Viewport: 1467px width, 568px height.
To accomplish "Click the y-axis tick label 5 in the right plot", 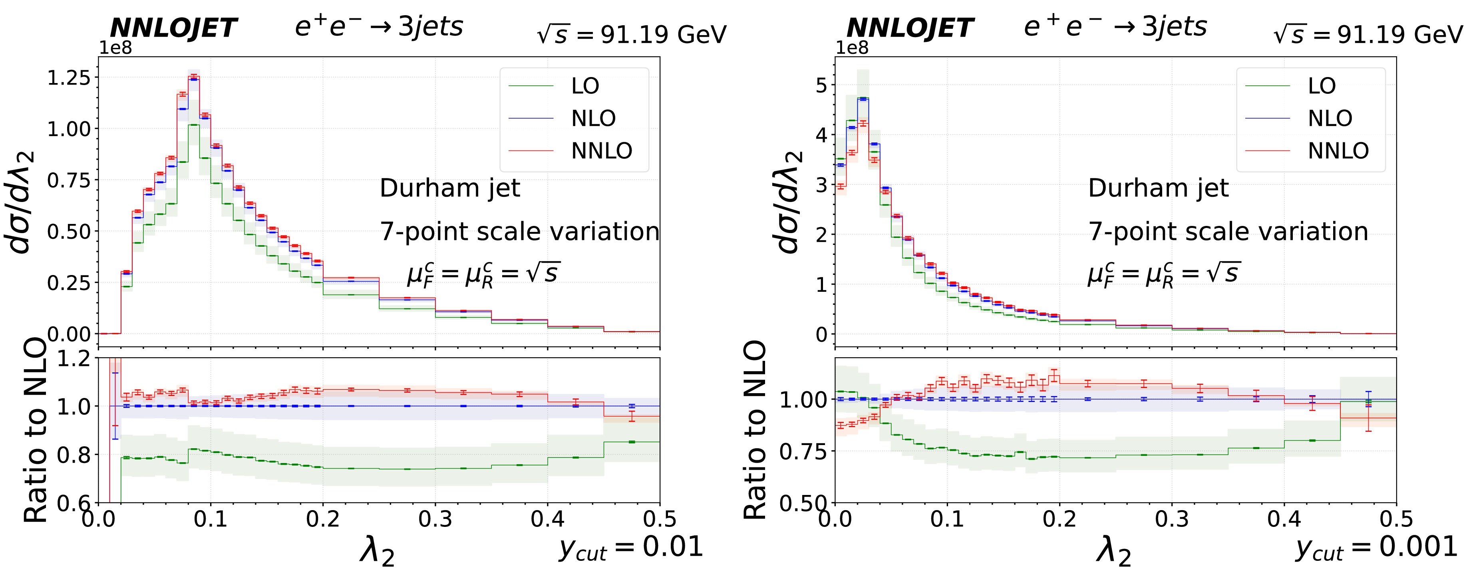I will [x=821, y=85].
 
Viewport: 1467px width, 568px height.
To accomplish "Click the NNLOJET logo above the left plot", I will [x=173, y=28].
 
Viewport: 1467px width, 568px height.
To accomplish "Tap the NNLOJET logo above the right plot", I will [x=909, y=28].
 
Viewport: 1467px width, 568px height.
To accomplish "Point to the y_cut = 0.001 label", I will [x=1376, y=548].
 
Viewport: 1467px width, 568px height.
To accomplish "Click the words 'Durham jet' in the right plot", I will [x=1158, y=188].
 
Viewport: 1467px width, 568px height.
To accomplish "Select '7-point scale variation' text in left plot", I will [x=519, y=232].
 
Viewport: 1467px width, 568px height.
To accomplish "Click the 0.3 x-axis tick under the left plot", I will [x=435, y=519].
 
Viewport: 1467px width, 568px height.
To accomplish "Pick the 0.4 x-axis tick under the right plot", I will [x=1284, y=519].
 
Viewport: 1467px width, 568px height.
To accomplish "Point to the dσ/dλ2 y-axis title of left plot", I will [x=22, y=202].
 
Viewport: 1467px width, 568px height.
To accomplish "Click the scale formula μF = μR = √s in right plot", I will [x=1164, y=274].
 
